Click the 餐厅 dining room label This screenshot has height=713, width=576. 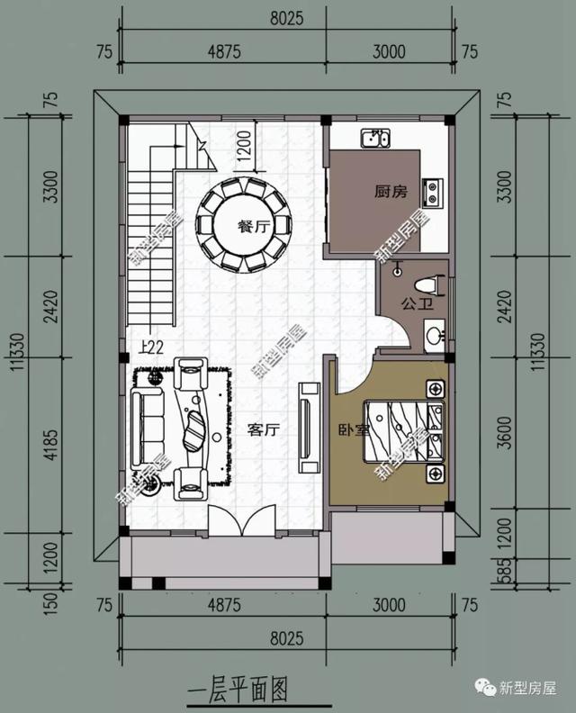(x=254, y=227)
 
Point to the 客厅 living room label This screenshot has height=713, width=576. (x=264, y=430)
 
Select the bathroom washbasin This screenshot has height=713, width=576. (x=434, y=337)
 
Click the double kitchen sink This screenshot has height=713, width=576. (x=375, y=139)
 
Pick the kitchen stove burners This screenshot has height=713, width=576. (x=433, y=190)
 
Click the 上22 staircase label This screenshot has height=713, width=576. (x=151, y=346)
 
